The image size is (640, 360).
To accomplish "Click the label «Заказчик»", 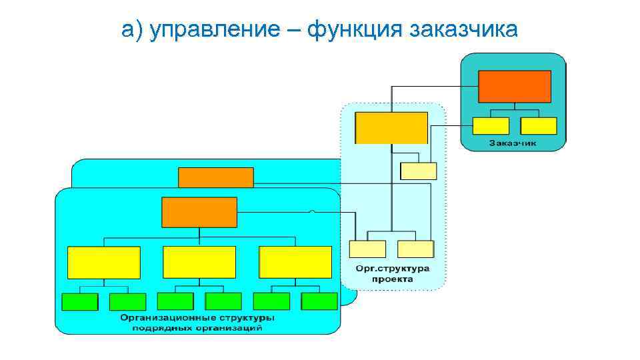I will (x=513, y=143).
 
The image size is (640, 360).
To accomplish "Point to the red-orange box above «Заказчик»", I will (x=515, y=86).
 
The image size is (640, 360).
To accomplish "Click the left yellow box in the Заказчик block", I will (x=491, y=126).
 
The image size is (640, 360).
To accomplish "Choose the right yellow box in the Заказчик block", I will (x=538, y=126).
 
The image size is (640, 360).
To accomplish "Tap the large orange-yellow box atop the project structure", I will (x=391, y=128).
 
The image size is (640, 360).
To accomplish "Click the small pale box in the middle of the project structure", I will (x=418, y=171).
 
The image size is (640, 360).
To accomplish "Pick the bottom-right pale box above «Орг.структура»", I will (x=415, y=249).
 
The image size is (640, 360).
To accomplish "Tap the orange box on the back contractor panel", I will (x=216, y=177).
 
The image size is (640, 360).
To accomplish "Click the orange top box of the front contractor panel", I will (x=199, y=212).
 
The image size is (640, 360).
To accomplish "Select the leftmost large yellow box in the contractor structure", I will (x=104, y=262).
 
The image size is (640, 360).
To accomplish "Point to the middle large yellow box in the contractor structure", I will (x=199, y=262).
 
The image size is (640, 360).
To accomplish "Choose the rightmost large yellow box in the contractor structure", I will (x=295, y=262).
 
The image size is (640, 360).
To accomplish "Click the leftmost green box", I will (x=79, y=301).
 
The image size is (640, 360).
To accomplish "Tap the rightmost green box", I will (x=319, y=301).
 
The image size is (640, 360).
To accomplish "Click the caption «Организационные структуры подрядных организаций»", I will (x=197, y=322).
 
